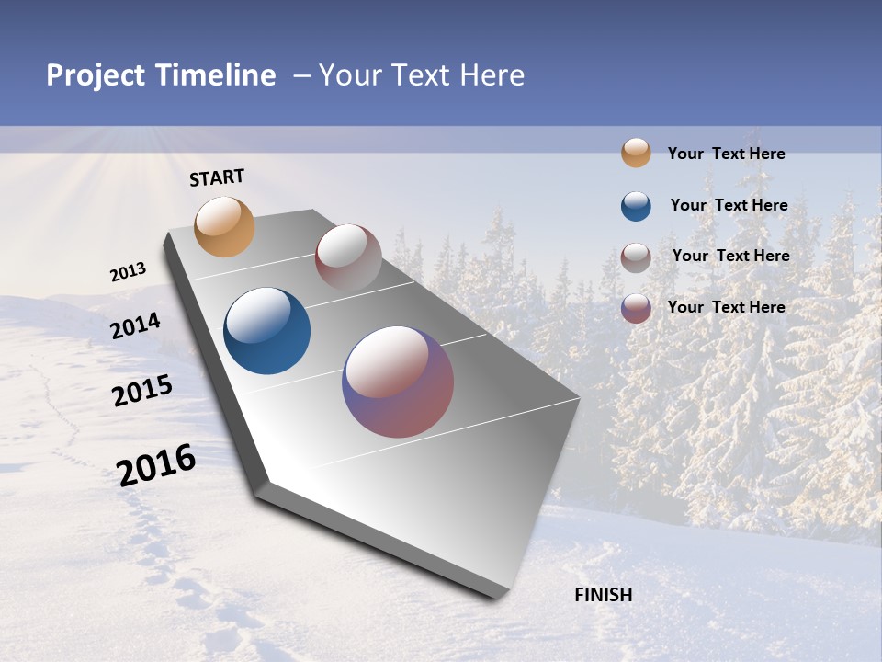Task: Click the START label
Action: [x=217, y=177]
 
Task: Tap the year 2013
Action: [x=128, y=272]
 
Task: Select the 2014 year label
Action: [x=135, y=326]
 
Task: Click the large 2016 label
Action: [x=156, y=465]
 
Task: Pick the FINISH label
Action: [x=603, y=595]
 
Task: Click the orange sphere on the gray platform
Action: [x=225, y=226]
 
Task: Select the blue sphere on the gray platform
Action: [x=266, y=331]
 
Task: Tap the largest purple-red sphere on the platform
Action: [x=398, y=382]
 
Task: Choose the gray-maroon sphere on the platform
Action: [x=348, y=257]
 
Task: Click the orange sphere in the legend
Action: [x=636, y=153]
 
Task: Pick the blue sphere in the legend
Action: [x=636, y=206]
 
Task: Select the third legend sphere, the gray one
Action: [x=636, y=257]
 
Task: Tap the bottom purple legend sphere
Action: [x=636, y=308]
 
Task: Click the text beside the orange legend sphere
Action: [x=726, y=154]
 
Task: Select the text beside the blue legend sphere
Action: [x=729, y=206]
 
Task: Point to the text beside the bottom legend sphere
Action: [x=726, y=307]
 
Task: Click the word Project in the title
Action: [x=96, y=75]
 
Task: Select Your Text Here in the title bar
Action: [x=421, y=75]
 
